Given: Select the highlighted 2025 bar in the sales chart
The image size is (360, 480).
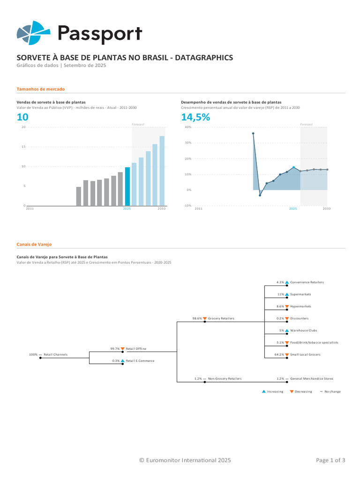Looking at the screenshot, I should pyautogui.click(x=127, y=187).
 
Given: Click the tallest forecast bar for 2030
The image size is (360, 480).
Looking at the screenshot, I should pyautogui.click(x=162, y=171).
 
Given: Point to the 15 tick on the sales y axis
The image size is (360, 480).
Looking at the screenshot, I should pyautogui.click(x=23, y=147).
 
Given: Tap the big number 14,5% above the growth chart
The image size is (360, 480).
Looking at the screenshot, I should pyautogui.click(x=195, y=117).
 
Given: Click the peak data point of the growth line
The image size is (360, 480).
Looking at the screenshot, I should pyautogui.click(x=253, y=133).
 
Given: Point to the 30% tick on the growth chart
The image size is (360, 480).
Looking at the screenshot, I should pyautogui.click(x=188, y=142).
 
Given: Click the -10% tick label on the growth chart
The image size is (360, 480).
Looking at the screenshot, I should pyautogui.click(x=187, y=206).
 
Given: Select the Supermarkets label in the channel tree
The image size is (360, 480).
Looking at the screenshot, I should pyautogui.click(x=300, y=294).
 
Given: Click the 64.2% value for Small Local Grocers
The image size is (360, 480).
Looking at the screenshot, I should pyautogui.click(x=279, y=354).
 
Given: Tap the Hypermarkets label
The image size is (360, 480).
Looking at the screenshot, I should pyautogui.click(x=300, y=307).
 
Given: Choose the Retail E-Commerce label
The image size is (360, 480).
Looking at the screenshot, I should pyautogui.click(x=140, y=361).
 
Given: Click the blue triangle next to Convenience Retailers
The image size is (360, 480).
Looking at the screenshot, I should pyautogui.click(x=287, y=282).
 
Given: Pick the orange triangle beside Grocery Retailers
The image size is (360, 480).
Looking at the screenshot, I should pyautogui.click(x=205, y=319).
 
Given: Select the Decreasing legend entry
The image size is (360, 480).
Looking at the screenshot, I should pyautogui.click(x=303, y=391).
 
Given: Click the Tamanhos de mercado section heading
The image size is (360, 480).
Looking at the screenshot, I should pyautogui.click(x=40, y=89).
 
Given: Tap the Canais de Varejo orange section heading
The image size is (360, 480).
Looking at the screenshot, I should pyautogui.click(x=34, y=244).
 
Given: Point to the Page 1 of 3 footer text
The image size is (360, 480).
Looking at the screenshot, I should pyautogui.click(x=330, y=460).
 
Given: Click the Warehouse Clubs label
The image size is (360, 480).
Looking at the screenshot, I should pyautogui.click(x=304, y=330).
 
